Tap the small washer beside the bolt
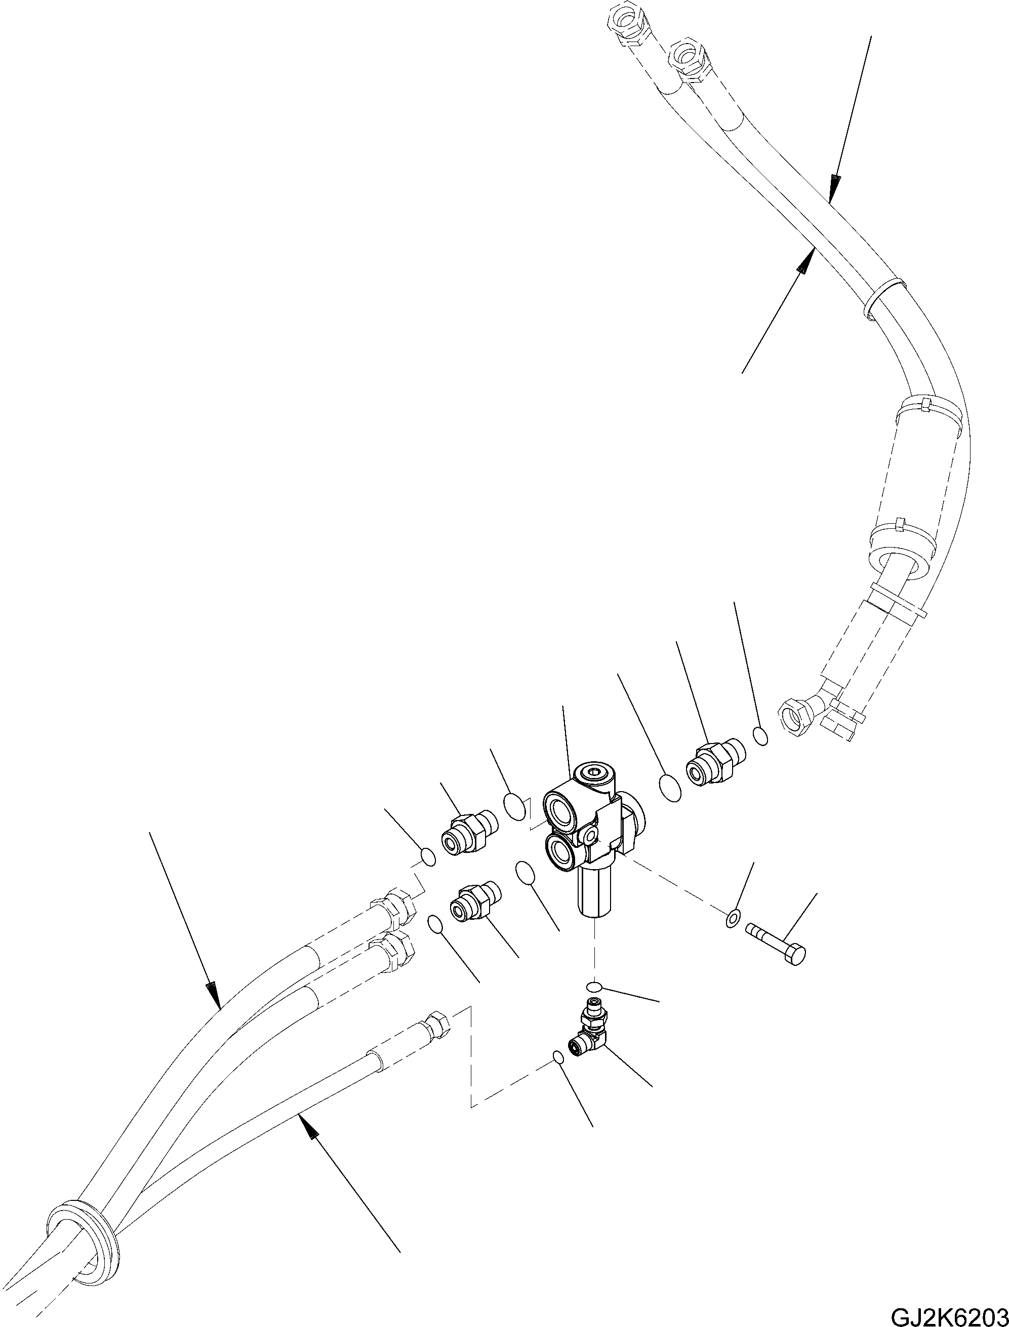[732, 935]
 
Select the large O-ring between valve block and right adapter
[670, 787]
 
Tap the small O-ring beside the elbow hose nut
[760, 736]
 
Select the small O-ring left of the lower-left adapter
[436, 924]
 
